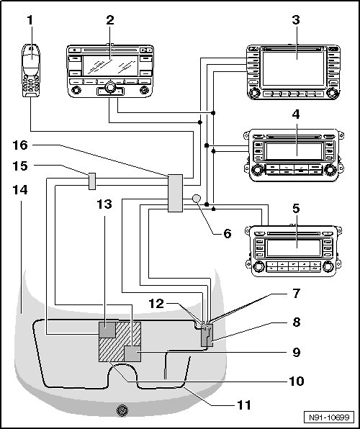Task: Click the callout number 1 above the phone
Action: [30, 20]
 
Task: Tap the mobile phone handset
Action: [31, 71]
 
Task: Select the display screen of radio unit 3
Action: [293, 68]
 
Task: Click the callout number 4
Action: [296, 114]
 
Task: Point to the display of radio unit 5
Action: [294, 248]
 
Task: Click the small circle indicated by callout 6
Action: [197, 199]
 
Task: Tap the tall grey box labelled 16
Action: [175, 193]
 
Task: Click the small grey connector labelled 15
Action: [92, 181]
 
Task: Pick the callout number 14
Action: [20, 189]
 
